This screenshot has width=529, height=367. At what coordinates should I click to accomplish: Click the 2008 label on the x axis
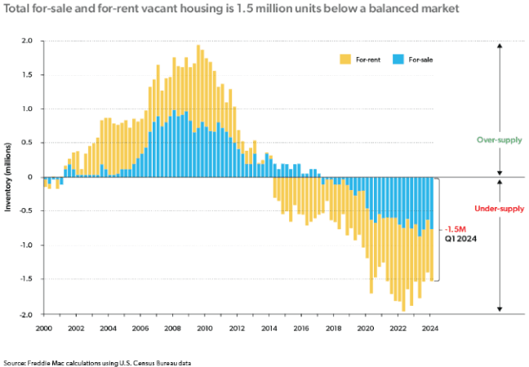[173, 328]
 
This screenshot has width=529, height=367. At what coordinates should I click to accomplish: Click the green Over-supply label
[500, 140]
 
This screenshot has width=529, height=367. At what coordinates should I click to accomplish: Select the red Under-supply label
[499, 210]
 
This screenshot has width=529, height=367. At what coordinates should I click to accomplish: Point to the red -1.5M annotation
[455, 229]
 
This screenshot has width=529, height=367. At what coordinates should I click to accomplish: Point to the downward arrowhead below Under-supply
[500, 310]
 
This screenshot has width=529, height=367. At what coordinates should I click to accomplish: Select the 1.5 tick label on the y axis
[27, 75]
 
